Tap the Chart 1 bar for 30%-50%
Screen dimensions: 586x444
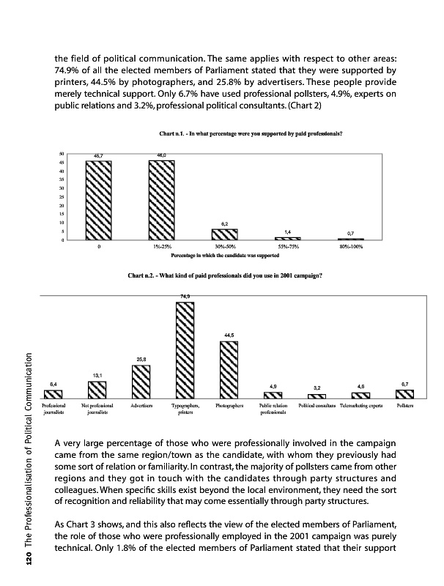point(224,234)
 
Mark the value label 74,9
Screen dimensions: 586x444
point(185,295)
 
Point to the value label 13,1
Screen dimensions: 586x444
point(97,375)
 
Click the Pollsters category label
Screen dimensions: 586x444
point(406,405)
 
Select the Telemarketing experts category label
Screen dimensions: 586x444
point(362,405)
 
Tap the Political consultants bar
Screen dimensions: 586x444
point(317,396)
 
